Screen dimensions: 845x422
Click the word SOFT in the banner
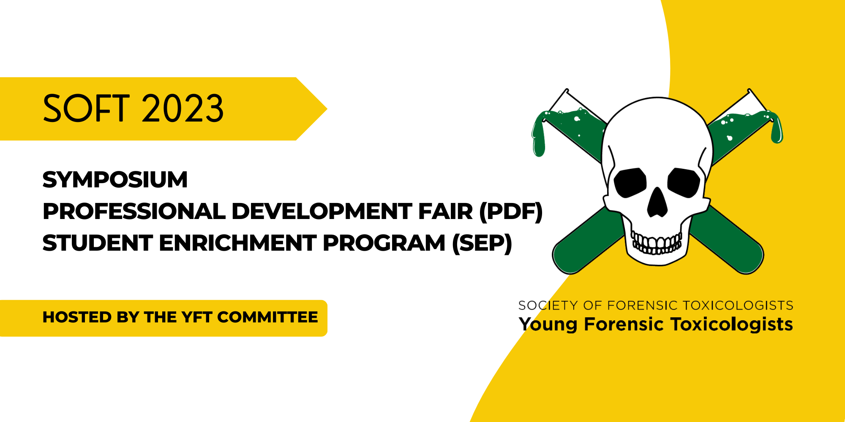click(x=86, y=108)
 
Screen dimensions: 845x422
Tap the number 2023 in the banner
click(x=183, y=108)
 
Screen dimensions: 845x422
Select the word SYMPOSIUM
click(x=115, y=180)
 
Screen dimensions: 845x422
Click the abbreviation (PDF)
click(x=511, y=211)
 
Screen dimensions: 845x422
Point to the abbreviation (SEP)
click(x=482, y=243)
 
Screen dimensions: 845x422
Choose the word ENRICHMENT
click(x=238, y=243)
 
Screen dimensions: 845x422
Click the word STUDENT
click(x=98, y=243)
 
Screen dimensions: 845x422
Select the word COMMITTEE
click(x=267, y=317)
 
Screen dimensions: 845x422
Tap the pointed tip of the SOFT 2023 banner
click(x=327, y=109)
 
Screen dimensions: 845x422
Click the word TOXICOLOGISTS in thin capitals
click(x=738, y=305)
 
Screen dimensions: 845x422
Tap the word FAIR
click(x=445, y=211)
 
